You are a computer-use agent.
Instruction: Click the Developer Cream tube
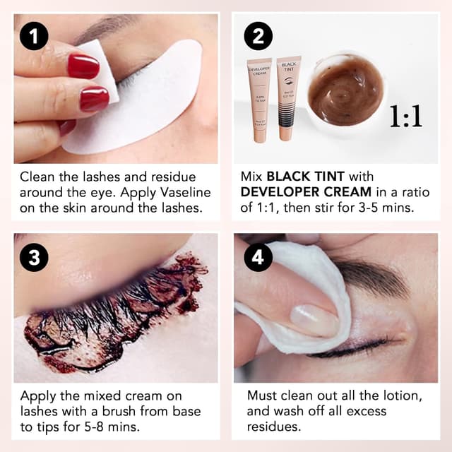pyautogui.click(x=259, y=99)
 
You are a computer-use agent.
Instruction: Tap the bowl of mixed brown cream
pyautogui.click(x=345, y=91)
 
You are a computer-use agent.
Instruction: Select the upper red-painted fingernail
pyautogui.click(x=83, y=66)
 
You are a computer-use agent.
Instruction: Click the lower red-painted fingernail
pyautogui.click(x=93, y=99)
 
